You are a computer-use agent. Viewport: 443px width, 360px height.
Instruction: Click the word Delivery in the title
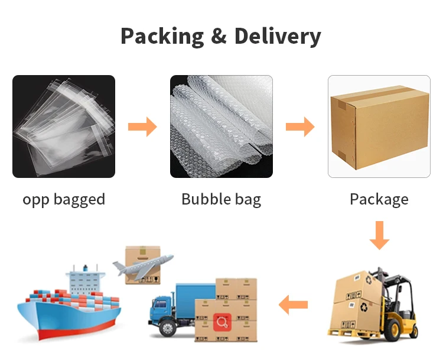point(278,36)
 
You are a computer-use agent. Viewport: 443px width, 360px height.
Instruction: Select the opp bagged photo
point(64,127)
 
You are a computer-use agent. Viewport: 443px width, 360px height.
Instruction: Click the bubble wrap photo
point(221,127)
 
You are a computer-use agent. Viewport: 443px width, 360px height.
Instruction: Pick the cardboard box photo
point(379,127)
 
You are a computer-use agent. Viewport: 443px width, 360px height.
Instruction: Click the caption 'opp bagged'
point(64,199)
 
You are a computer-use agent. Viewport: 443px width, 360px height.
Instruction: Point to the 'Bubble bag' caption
point(221,199)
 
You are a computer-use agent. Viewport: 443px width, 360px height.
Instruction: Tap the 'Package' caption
point(379,199)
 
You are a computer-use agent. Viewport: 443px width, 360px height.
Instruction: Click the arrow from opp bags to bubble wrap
point(142,127)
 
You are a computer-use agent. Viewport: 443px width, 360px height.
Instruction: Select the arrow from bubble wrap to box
point(300,127)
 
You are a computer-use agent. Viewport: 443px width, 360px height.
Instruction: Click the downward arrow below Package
point(379,235)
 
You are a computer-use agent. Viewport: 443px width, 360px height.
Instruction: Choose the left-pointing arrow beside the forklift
point(294,305)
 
